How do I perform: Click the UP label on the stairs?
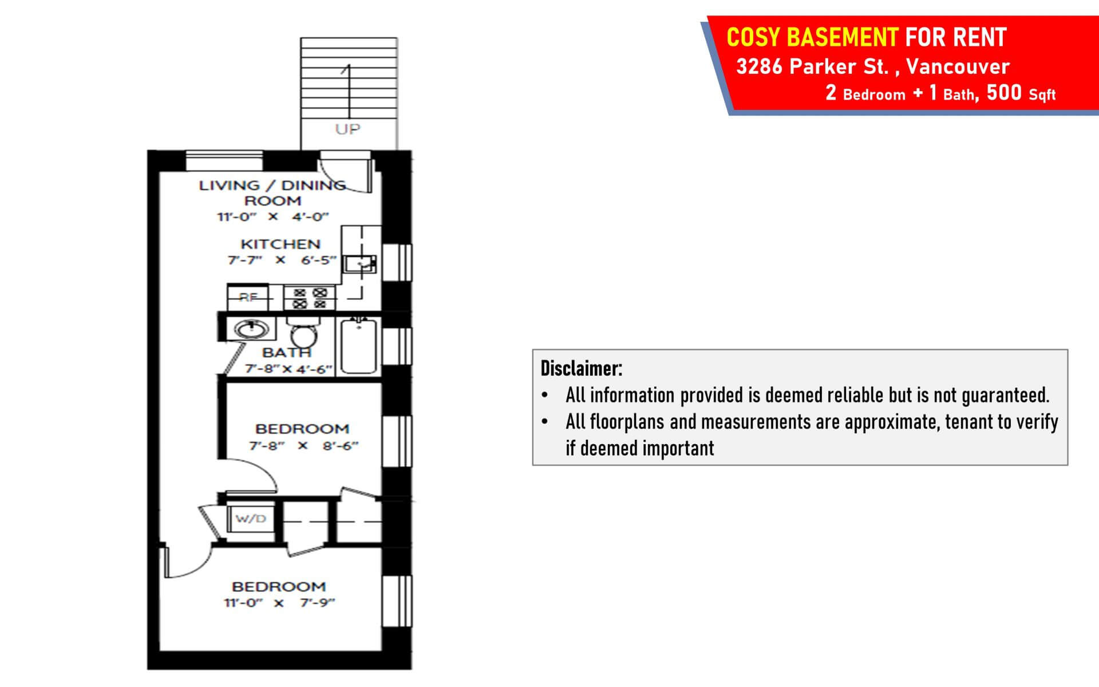[347, 129]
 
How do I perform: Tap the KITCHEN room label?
[280, 244]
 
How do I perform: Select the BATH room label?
[286, 353]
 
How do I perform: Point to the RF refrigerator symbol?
[248, 297]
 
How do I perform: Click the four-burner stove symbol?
[310, 298]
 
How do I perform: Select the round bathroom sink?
[250, 329]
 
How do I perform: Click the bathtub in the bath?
[358, 346]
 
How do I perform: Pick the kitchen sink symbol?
[360, 264]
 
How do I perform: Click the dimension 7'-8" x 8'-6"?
[303, 445]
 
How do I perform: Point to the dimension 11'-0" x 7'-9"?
[279, 603]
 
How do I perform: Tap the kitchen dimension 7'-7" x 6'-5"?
[282, 260]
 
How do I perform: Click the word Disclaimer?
[581, 368]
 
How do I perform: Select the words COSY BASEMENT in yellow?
[812, 38]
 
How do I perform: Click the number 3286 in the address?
[759, 66]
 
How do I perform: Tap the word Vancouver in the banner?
[958, 66]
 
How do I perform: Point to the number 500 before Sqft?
[1004, 92]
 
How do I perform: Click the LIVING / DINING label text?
[272, 185]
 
